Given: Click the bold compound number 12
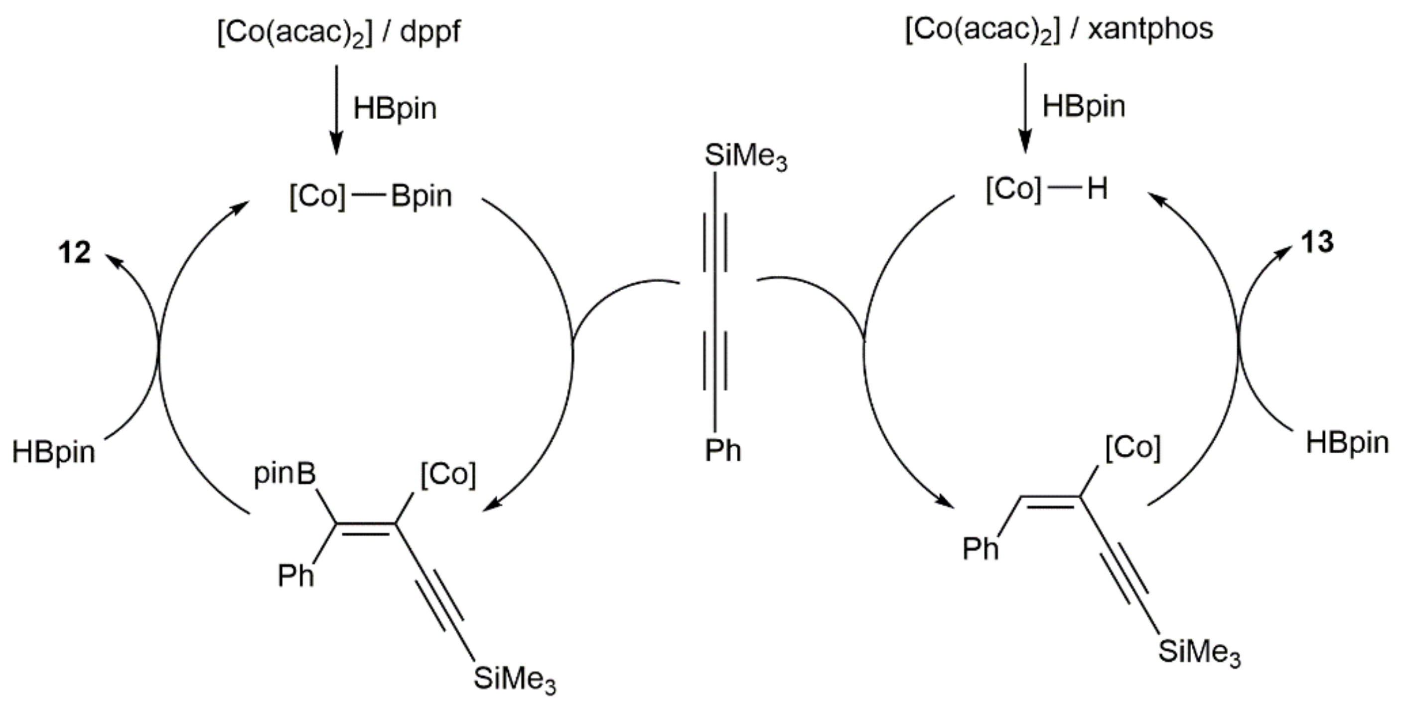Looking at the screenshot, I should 75,253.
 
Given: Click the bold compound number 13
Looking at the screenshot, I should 1317,242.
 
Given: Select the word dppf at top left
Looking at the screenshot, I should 430,33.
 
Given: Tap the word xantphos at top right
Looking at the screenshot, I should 1150,29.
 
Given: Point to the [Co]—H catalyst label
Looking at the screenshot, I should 1046,189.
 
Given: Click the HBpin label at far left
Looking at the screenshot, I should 53,452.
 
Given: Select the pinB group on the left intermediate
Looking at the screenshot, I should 285,475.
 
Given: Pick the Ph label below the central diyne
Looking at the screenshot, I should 723,451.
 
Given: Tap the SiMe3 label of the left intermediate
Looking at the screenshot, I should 514,680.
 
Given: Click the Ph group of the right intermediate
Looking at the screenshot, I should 981,549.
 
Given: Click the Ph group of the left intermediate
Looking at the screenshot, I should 296,575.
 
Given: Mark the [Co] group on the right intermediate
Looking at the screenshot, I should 1133,448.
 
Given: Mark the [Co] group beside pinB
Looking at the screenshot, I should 448,475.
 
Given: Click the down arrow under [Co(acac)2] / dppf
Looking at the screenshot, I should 336,109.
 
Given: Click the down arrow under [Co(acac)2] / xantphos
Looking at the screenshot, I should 1025,107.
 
